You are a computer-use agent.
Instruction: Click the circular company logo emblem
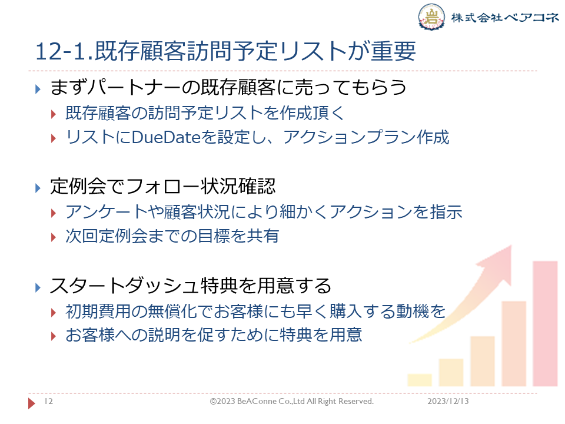click(431, 16)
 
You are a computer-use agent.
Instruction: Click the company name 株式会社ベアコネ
click(505, 17)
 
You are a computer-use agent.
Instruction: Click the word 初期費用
click(98, 311)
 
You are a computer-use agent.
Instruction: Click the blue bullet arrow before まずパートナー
click(38, 89)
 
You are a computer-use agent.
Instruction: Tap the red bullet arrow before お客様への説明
click(54, 336)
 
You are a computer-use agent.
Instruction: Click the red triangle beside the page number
click(32, 403)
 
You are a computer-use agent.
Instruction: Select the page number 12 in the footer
click(49, 401)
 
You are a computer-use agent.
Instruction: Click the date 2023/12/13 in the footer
click(448, 401)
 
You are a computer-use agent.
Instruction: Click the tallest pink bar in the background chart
click(545, 323)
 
